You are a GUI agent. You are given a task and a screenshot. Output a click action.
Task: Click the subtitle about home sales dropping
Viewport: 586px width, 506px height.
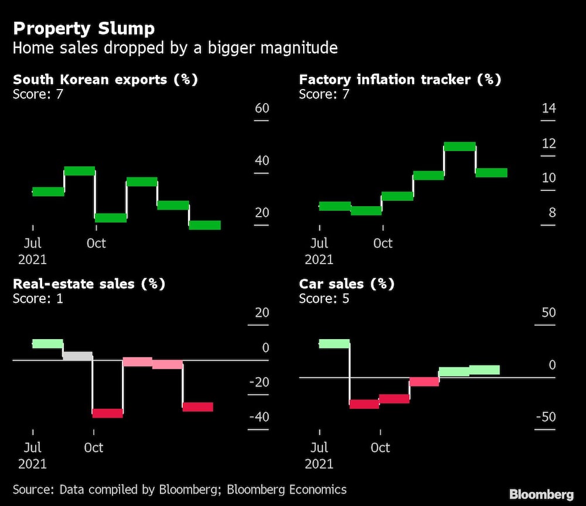[x=175, y=47]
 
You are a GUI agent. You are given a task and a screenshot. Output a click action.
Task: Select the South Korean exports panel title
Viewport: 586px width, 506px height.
[x=105, y=80]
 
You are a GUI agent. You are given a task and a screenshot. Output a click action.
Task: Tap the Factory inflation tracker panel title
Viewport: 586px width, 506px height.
[x=400, y=80]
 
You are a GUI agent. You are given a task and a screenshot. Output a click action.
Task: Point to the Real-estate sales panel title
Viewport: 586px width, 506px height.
[x=88, y=284]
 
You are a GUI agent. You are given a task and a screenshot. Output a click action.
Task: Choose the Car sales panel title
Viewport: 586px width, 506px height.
[x=346, y=284]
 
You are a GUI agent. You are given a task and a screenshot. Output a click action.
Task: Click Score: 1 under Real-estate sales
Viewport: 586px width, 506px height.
[x=38, y=299]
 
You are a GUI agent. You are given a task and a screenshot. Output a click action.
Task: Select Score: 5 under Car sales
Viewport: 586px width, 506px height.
[x=325, y=299]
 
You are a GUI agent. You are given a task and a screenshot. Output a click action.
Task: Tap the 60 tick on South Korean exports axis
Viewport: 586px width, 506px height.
[x=261, y=108]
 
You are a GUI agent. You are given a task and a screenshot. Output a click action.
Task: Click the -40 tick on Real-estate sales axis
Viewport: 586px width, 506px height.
[x=258, y=418]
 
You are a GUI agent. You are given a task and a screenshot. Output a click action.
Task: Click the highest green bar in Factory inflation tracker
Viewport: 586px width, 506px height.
[x=459, y=146]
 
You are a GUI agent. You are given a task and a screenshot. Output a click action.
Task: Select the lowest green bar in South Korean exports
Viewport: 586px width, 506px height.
[x=205, y=225]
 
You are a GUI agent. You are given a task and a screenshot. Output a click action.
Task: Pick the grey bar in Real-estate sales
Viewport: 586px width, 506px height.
[x=77, y=355]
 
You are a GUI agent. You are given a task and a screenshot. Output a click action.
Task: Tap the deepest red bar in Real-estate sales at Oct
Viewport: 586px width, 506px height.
[x=108, y=413]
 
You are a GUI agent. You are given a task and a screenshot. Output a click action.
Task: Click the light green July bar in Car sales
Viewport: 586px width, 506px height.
[x=334, y=344]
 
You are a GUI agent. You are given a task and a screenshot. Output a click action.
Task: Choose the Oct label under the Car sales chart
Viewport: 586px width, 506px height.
[x=380, y=447]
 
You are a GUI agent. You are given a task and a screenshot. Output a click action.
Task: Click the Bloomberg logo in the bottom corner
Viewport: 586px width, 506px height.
[x=541, y=494]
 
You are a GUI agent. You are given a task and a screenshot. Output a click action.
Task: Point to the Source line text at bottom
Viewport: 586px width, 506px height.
[x=179, y=490]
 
